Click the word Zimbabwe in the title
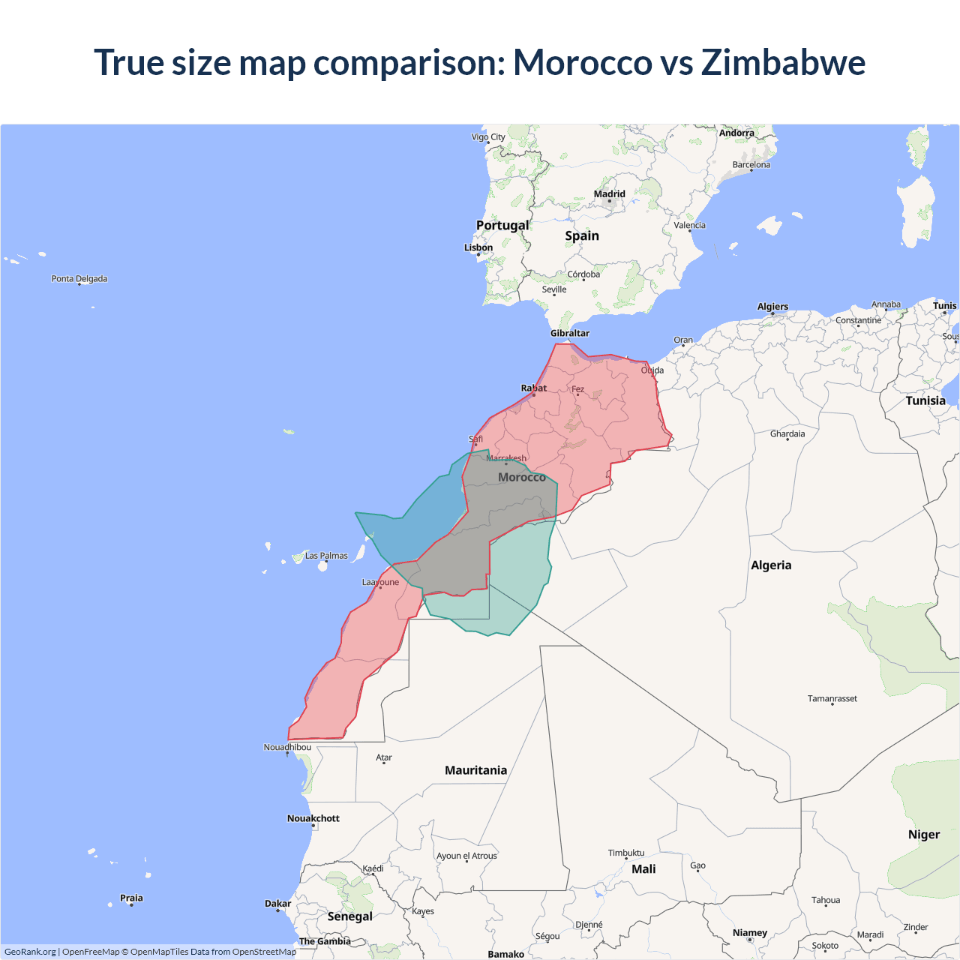click(783, 62)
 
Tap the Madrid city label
click(609, 194)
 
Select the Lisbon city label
click(478, 247)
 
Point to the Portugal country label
click(502, 225)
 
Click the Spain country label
click(582, 235)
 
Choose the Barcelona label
click(751, 165)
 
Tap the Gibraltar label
click(570, 333)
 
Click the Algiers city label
click(772, 307)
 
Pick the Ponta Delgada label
click(79, 279)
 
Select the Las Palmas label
click(326, 556)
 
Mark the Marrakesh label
click(506, 458)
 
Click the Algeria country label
click(771, 565)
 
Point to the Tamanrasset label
click(832, 698)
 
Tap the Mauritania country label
click(475, 770)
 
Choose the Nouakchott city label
click(313, 818)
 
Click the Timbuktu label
click(626, 853)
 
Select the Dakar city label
click(277, 904)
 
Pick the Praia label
click(131, 898)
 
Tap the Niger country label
click(924, 835)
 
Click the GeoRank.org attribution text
click(30, 952)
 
